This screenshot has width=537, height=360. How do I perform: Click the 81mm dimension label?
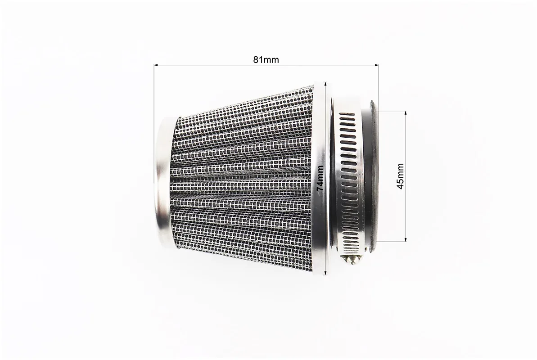click(266, 60)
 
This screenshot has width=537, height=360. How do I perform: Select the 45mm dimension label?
click(400, 176)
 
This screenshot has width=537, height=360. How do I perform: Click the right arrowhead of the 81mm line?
click(376, 65)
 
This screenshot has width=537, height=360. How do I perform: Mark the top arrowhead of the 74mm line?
click(326, 83)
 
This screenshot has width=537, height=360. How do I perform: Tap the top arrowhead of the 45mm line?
click(406, 112)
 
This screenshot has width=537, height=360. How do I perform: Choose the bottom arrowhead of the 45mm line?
click(406, 239)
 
